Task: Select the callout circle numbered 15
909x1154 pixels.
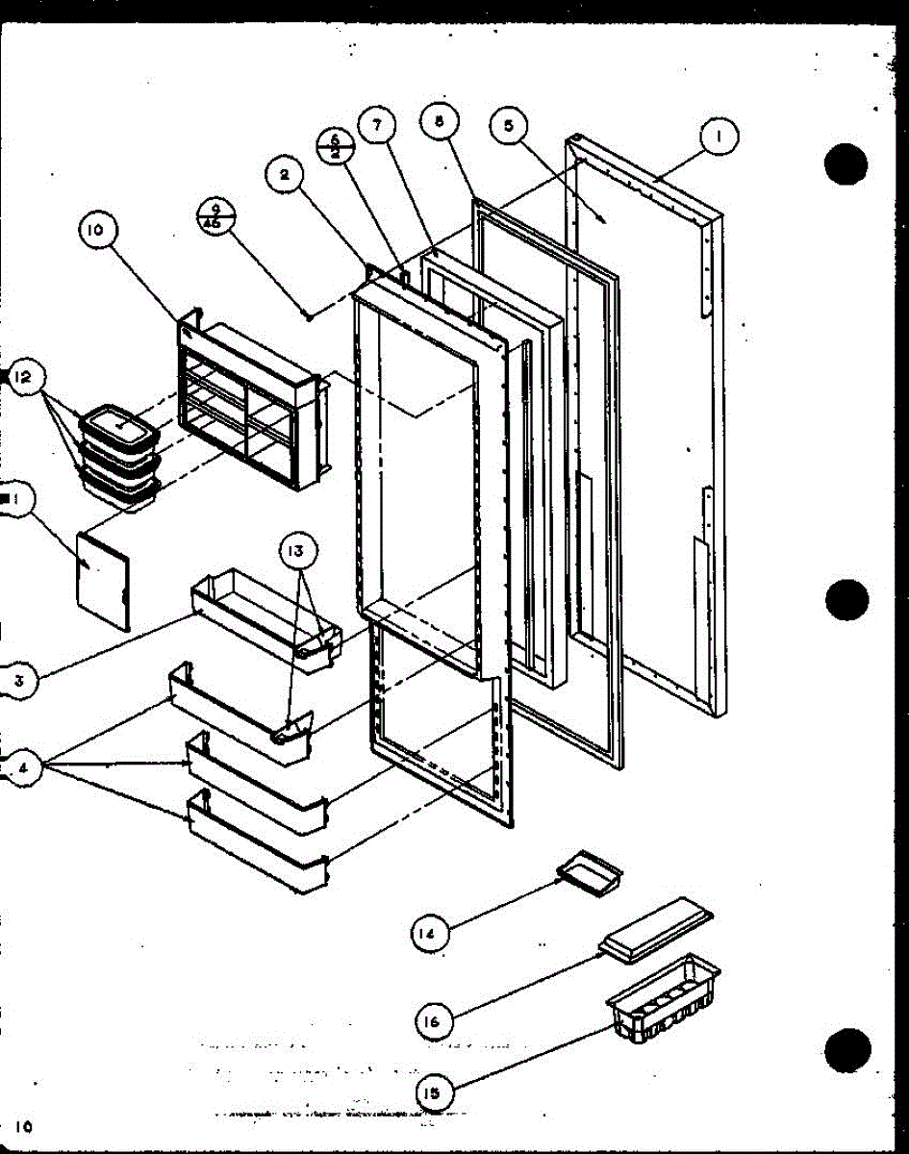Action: click(x=436, y=1092)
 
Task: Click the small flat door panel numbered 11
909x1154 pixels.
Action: click(x=103, y=579)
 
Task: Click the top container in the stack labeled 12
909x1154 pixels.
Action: click(x=120, y=423)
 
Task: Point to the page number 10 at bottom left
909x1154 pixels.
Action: click(x=24, y=1126)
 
